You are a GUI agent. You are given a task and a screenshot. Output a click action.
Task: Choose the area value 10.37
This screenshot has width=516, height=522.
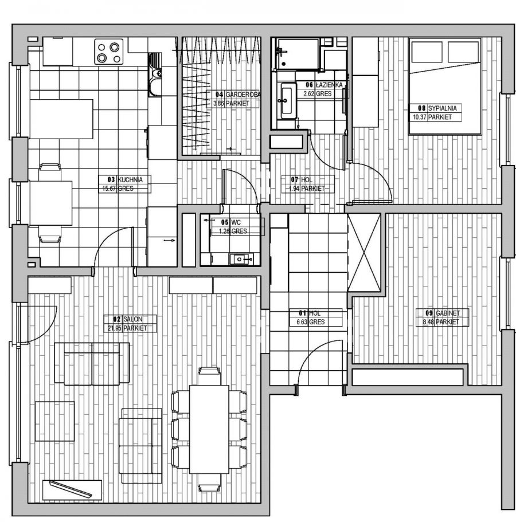pos(420,117)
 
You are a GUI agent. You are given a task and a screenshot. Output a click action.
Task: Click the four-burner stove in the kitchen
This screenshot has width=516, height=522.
pos(109,52)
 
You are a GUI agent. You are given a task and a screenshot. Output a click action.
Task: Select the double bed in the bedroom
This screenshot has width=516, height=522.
pos(444,86)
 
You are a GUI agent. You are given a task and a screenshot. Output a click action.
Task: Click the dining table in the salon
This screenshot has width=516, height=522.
pos(209,429)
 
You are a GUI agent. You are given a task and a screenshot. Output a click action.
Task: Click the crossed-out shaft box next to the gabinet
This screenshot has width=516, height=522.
pos(364,252)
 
